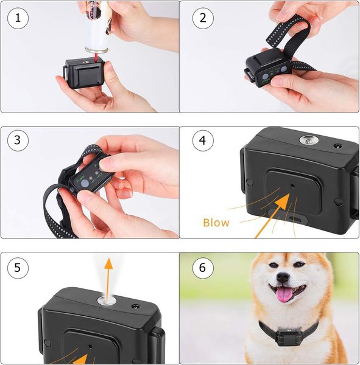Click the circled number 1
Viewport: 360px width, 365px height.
pos(18,18)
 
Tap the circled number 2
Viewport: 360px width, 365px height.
pos(203,18)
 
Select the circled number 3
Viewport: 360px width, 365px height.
pos(18,141)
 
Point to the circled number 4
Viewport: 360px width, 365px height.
pos(203,141)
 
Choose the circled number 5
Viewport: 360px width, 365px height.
pos(18,268)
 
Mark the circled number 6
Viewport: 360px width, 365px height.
pos(203,268)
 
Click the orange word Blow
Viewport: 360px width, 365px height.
pos(216,223)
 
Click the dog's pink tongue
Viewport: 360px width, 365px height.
pos(284,295)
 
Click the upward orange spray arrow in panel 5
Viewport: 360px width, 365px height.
pos(108,274)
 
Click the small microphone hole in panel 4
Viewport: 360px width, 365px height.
pos(293,186)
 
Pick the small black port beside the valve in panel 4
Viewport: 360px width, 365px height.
pos(337,147)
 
